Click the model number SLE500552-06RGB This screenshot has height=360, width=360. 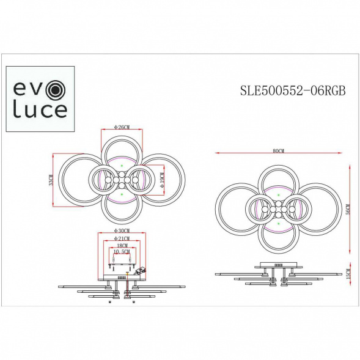[x=293, y=91]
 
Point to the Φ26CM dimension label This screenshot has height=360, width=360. [x=122, y=127]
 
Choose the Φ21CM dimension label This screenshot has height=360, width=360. [x=122, y=238]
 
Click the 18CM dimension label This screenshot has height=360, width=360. [x=122, y=245]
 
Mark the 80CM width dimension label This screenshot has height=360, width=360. [x=278, y=150]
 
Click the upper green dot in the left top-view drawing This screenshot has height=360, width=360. [x=122, y=166]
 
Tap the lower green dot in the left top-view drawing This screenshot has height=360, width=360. [x=122, y=193]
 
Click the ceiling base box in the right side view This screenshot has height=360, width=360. [x=278, y=266]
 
